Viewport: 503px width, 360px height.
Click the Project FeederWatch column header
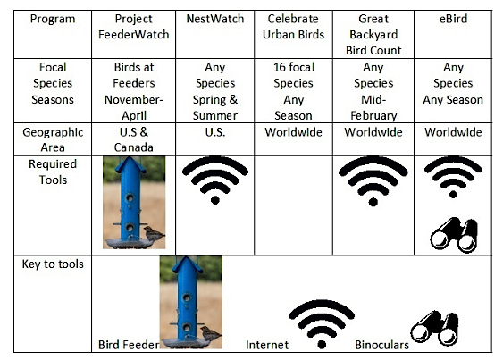(x=133, y=27)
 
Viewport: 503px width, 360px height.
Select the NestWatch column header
(x=215, y=19)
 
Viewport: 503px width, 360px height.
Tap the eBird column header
(x=453, y=19)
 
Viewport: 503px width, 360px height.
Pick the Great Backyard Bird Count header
(x=373, y=35)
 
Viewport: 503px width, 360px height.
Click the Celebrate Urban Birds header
(x=293, y=27)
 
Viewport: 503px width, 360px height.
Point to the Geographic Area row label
(x=53, y=139)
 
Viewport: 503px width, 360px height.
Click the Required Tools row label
(x=53, y=172)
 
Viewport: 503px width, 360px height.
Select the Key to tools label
(x=53, y=264)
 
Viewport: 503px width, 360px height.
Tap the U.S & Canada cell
(x=133, y=139)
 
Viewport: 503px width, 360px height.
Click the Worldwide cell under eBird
(x=453, y=132)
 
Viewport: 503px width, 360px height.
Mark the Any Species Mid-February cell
(x=373, y=91)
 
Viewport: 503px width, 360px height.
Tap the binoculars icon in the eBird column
(x=454, y=235)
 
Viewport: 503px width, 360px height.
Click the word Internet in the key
(x=267, y=345)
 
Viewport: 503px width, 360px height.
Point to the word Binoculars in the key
(x=381, y=345)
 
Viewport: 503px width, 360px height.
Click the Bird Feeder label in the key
(x=129, y=345)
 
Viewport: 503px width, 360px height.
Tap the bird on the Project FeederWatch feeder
(x=154, y=234)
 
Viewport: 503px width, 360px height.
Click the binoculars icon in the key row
(x=435, y=328)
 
